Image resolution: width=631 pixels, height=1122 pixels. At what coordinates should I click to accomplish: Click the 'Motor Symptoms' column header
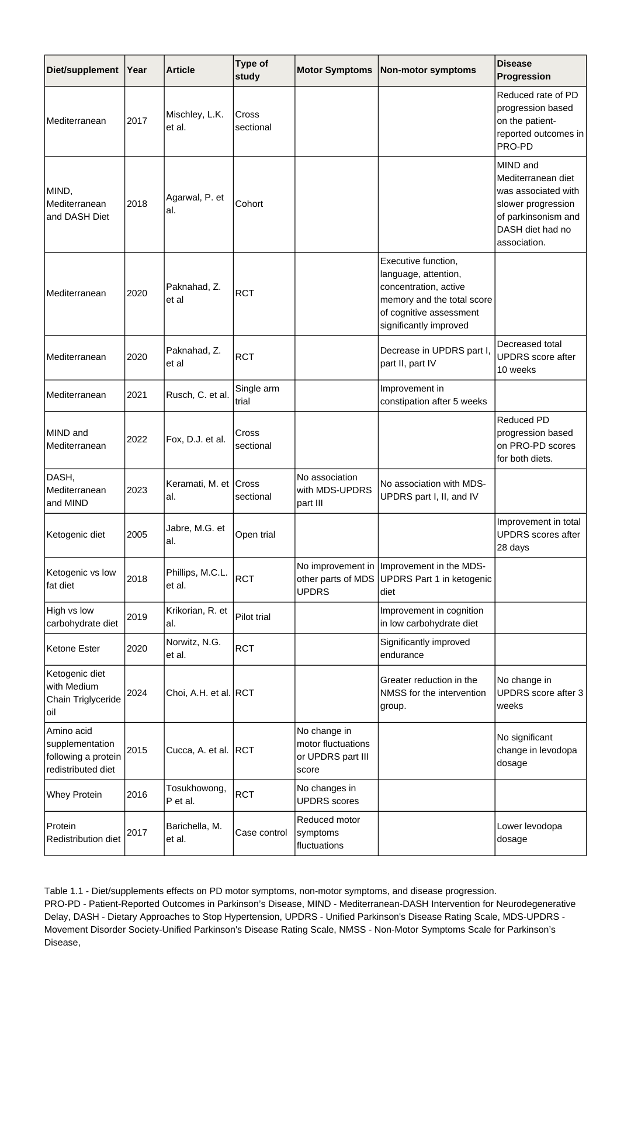[334, 70]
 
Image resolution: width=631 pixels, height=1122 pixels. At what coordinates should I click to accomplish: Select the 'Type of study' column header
[252, 70]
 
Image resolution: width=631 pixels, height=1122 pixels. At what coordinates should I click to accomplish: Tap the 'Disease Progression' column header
[524, 70]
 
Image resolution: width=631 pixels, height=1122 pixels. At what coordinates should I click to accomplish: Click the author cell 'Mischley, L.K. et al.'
[195, 121]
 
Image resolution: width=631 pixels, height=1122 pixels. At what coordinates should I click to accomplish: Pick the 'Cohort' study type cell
[249, 204]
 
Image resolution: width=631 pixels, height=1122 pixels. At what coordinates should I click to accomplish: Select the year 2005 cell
[137, 535]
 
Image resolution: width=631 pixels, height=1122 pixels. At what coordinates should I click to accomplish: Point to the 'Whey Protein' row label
[74, 795]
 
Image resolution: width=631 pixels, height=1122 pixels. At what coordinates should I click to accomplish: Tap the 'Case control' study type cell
[261, 833]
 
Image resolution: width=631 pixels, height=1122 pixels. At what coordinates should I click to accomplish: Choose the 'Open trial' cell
[255, 535]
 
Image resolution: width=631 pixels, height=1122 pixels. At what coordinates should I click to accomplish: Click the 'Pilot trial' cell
[253, 617]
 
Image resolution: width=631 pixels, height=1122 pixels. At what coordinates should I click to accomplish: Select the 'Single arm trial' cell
[257, 395]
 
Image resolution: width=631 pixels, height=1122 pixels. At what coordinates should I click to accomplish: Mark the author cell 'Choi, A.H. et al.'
[198, 693]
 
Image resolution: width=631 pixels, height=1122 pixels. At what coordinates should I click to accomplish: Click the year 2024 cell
[137, 693]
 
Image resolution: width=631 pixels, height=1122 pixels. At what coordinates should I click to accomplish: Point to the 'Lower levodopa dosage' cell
[529, 833]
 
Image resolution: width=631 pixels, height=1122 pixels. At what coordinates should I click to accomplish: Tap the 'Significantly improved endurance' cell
[425, 649]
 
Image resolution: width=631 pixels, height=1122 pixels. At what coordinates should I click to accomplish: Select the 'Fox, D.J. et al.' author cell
[196, 439]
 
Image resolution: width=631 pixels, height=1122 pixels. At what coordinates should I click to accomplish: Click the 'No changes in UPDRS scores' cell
[328, 795]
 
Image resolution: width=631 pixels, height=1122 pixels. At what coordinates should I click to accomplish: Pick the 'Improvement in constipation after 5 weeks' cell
[434, 395]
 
